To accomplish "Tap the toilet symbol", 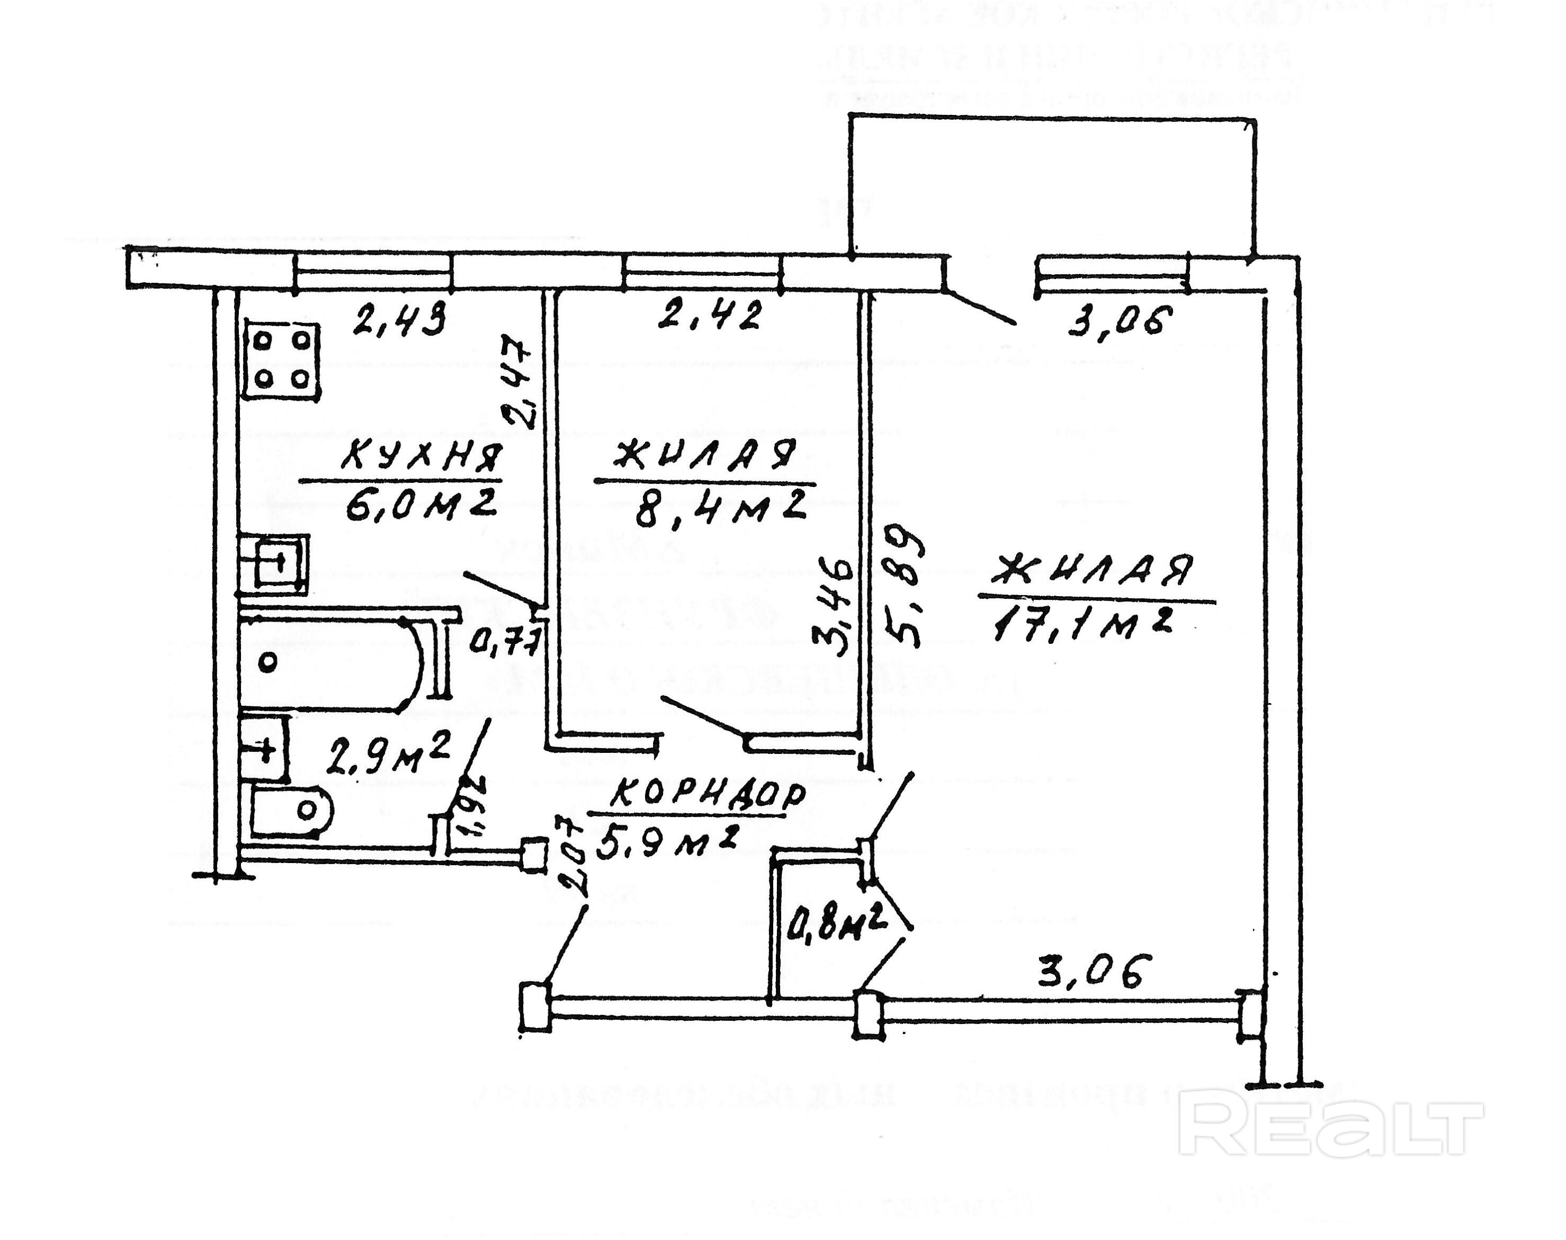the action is pos(290,810).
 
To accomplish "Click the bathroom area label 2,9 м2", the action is pos(388,754).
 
